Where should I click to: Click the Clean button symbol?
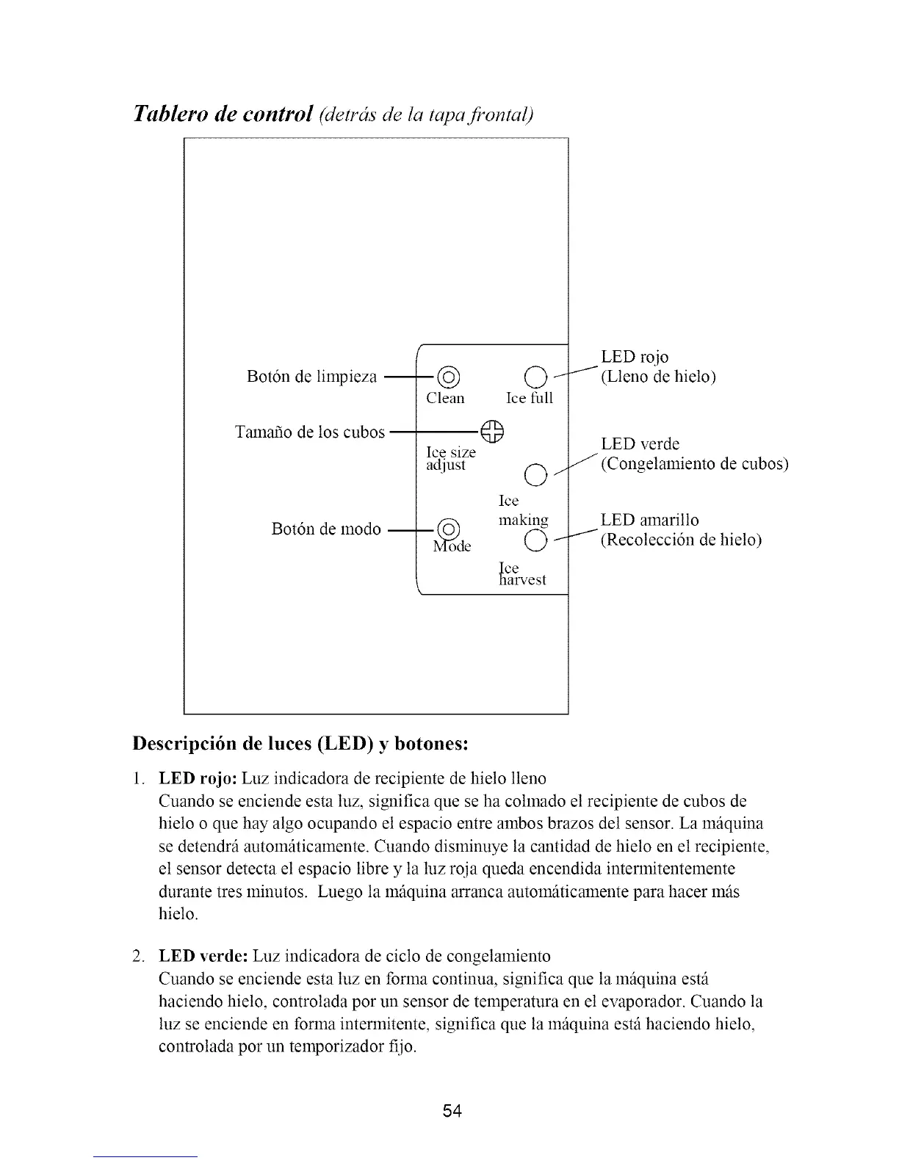click(448, 379)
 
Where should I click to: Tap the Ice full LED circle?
click(535, 379)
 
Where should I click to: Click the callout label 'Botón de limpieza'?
click(312, 377)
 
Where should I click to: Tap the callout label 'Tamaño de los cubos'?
click(309, 432)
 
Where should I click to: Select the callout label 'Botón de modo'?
click(326, 529)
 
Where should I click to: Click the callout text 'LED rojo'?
click(635, 358)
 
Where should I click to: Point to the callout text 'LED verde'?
click(640, 444)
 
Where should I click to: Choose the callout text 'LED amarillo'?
click(649, 521)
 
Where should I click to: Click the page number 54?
click(452, 1112)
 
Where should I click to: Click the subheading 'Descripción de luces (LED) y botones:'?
click(300, 743)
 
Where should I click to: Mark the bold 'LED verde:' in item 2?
click(202, 956)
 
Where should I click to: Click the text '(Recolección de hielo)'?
click(681, 540)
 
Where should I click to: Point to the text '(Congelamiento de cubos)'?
click(694, 465)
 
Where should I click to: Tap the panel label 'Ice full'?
click(530, 399)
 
